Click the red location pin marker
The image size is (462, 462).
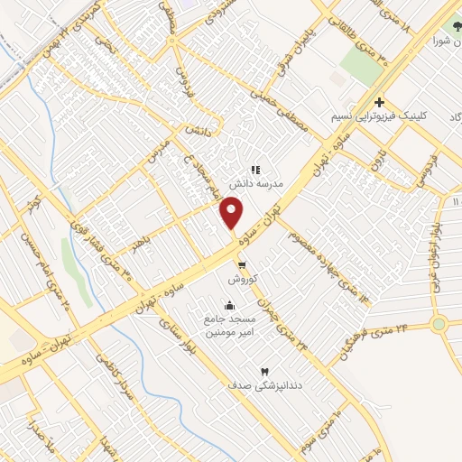coord(233,212)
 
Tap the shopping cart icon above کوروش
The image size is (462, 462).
coord(242,265)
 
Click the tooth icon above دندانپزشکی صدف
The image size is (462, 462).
coord(265,371)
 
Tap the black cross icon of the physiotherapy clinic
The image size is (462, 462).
coord(380,102)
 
